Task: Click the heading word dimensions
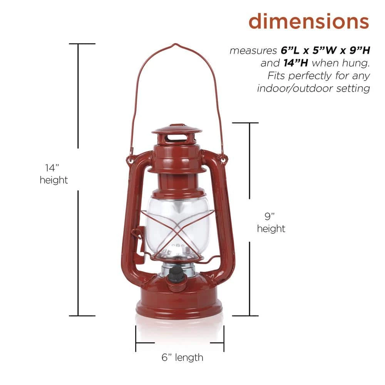[309, 22]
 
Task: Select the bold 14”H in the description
[296, 63]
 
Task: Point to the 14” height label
[54, 174]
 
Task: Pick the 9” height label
[271, 223]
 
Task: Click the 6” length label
[182, 358]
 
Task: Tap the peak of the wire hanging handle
[175, 44]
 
